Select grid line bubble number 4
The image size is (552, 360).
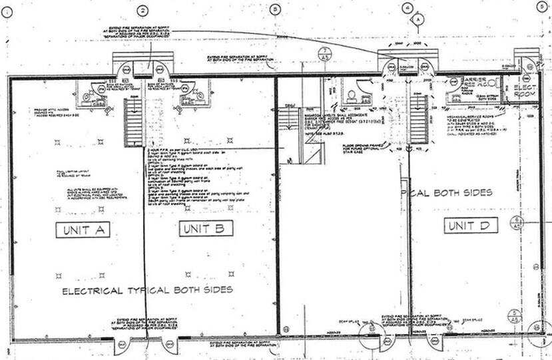click(407, 9)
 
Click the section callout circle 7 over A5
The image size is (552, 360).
click(322, 54)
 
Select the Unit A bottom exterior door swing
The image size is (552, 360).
click(125, 346)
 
